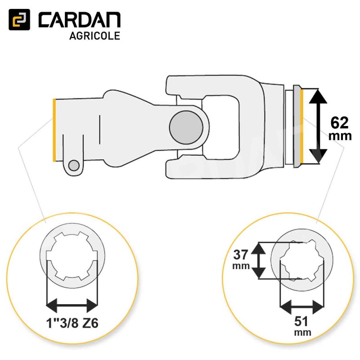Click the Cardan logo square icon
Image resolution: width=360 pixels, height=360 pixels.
pos(19,20)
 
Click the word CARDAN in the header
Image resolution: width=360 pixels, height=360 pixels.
pos(79,21)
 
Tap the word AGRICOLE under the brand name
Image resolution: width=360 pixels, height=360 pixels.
pos(94,36)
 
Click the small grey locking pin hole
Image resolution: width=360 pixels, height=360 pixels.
pos(74,165)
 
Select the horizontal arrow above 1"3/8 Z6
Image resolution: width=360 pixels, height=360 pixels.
pos(72,306)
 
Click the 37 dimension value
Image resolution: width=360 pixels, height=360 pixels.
pos(241,255)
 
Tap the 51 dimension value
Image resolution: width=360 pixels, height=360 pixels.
pos(302,322)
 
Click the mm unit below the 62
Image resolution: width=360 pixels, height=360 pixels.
pos(340,136)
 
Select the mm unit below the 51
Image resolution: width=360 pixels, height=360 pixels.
pos(302,333)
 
